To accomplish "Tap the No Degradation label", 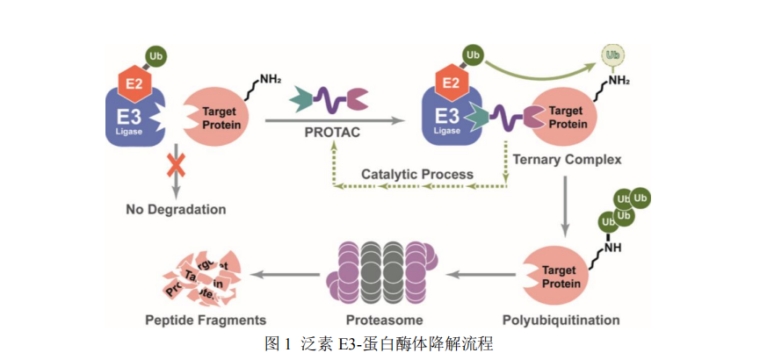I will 176,210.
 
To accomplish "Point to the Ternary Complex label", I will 568,160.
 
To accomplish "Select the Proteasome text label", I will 385,320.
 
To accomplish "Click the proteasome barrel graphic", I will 383,272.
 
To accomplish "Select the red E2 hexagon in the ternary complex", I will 450,82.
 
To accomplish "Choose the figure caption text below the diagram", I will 379,343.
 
